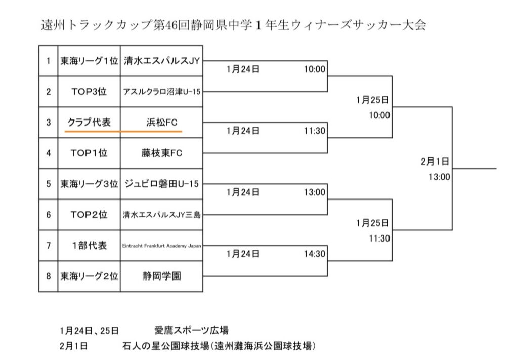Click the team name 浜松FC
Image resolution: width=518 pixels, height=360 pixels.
coord(161,122)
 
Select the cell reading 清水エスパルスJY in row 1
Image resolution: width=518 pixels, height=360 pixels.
coord(161,61)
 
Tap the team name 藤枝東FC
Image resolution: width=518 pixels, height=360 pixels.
coord(161,153)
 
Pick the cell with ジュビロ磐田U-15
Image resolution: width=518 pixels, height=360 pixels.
coord(161,184)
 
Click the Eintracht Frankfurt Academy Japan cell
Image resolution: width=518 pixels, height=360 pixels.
coord(161,246)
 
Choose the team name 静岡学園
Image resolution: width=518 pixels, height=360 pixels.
coord(161,276)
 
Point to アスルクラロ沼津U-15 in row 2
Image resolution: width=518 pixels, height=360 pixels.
coord(161,92)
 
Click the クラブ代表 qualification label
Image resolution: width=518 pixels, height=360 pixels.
coord(89,122)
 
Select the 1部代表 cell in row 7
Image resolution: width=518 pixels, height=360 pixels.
coord(89,246)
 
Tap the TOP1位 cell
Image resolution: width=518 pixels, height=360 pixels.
coord(89,153)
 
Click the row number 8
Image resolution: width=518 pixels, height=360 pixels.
coord(49,276)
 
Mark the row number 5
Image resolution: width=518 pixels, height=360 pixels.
coord(49,184)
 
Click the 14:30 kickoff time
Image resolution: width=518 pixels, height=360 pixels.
coord(314,254)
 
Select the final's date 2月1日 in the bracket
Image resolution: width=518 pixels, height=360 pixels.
coord(435,162)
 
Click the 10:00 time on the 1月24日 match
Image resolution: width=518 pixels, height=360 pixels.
coord(314,69)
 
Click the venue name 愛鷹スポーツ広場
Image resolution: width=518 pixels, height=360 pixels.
coord(192,331)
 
